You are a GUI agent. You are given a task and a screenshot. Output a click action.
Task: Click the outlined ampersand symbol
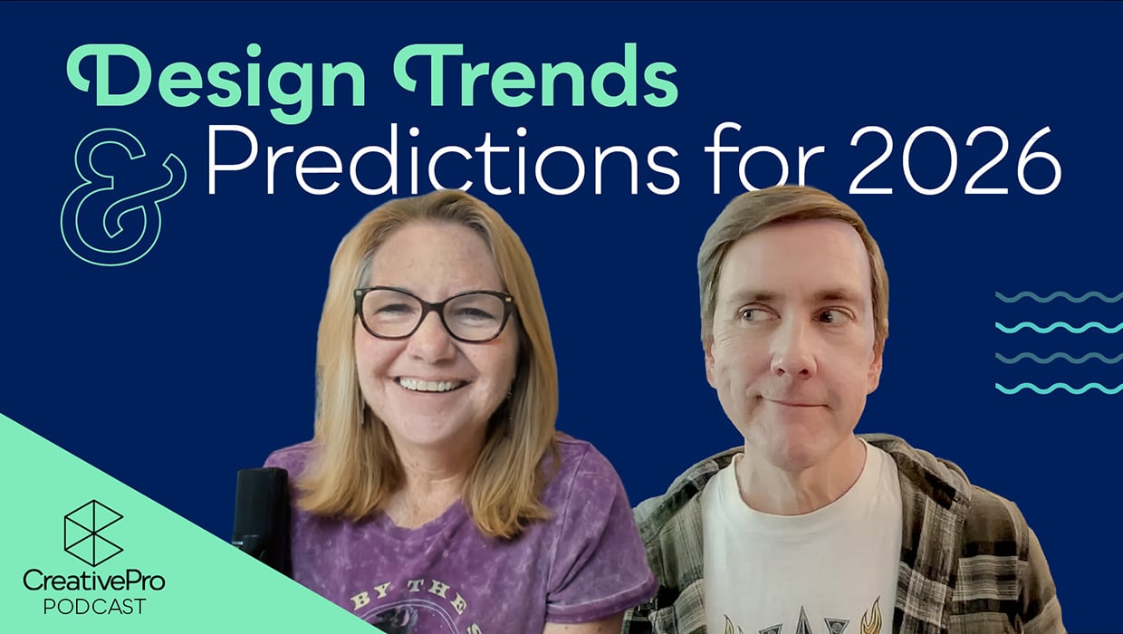click(x=121, y=196)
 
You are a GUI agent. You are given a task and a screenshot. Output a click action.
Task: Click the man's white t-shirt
click(x=797, y=543)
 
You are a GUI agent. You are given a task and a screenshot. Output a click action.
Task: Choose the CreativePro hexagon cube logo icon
click(x=92, y=533)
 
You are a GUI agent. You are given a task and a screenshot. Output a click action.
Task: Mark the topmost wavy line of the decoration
click(x=1058, y=296)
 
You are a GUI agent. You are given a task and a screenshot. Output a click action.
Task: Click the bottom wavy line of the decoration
click(x=1058, y=389)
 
